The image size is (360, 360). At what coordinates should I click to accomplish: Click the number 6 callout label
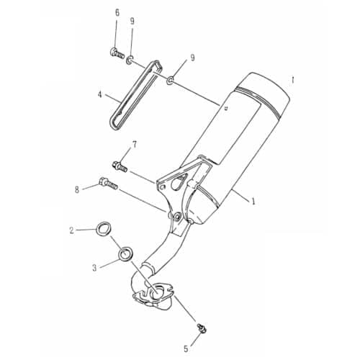click(117, 13)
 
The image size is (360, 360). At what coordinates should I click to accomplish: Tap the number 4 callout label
click(100, 95)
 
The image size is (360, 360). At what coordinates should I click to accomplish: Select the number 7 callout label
click(134, 145)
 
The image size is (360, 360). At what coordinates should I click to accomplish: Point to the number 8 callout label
click(77, 190)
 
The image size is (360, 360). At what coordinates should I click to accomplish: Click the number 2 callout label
click(71, 230)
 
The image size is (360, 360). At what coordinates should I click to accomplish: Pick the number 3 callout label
click(94, 268)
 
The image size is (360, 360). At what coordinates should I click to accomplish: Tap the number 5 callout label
click(186, 348)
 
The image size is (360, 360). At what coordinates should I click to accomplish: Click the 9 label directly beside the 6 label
click(132, 22)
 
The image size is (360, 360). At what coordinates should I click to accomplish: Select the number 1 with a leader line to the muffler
click(253, 201)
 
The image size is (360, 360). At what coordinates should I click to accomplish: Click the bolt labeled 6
click(117, 53)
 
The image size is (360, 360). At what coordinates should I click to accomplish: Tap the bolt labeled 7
click(120, 166)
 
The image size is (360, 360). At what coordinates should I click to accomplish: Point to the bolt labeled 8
click(108, 183)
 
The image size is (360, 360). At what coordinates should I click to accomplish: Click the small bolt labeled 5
click(201, 328)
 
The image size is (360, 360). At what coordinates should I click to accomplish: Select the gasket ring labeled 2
click(104, 228)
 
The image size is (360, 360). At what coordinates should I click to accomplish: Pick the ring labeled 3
click(125, 254)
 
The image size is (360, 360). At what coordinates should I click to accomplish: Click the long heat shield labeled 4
click(135, 95)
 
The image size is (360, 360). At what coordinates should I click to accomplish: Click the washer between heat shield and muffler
click(171, 81)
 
